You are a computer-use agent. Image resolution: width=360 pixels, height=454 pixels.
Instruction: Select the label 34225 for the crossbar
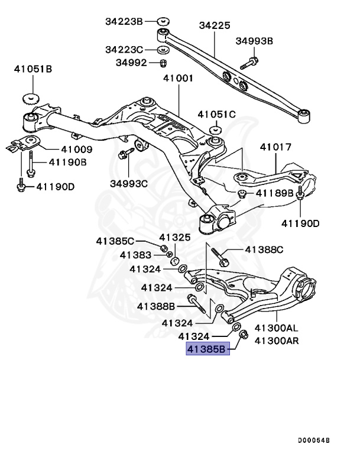tap(215, 26)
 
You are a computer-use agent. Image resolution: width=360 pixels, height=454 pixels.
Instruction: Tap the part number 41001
tap(178, 78)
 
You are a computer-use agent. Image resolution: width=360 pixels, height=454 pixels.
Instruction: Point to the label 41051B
tap(33, 69)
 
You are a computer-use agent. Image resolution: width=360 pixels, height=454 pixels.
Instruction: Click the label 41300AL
tap(276, 327)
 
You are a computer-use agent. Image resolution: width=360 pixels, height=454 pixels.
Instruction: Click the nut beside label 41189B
tap(242, 193)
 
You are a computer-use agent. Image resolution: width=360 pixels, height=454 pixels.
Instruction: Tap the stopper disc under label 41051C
tap(216, 129)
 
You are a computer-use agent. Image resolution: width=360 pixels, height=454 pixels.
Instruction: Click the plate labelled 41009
tap(27, 142)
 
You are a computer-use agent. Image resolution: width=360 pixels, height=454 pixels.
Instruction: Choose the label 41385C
tap(116, 241)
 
